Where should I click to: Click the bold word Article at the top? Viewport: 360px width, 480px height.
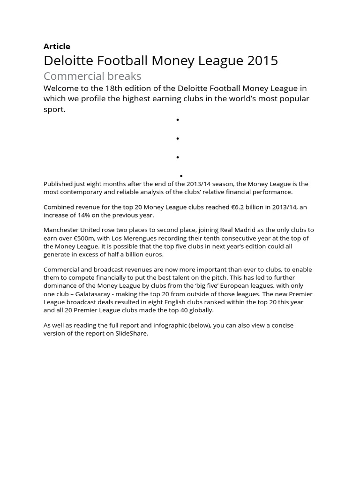(57, 46)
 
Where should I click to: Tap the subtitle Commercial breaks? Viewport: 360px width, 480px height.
(92, 76)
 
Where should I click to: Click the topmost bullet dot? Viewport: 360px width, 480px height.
(178, 120)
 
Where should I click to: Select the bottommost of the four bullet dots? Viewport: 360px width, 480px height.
(181, 176)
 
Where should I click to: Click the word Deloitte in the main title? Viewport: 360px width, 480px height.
(67, 60)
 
